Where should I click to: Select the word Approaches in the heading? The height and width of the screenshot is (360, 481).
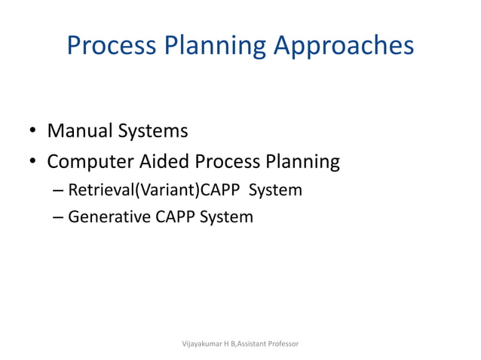344,46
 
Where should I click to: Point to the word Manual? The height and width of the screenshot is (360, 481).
79,131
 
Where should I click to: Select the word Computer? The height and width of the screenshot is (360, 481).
91,162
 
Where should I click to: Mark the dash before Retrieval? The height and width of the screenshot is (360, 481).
60,191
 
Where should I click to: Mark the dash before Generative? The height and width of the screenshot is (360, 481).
60,218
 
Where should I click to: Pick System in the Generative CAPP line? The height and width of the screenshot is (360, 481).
227,218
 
